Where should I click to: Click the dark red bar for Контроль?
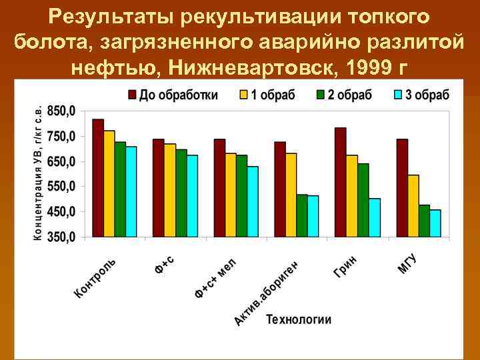(x=98, y=178)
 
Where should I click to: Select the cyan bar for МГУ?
(x=435, y=223)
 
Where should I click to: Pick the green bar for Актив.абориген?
(x=302, y=216)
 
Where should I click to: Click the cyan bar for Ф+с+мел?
(x=253, y=202)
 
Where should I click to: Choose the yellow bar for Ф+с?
(x=170, y=191)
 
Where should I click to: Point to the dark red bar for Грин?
(x=341, y=182)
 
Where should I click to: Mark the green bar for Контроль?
(x=120, y=189)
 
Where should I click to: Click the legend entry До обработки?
(x=173, y=95)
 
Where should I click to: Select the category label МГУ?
(x=407, y=264)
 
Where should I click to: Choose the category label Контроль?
(x=95, y=277)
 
